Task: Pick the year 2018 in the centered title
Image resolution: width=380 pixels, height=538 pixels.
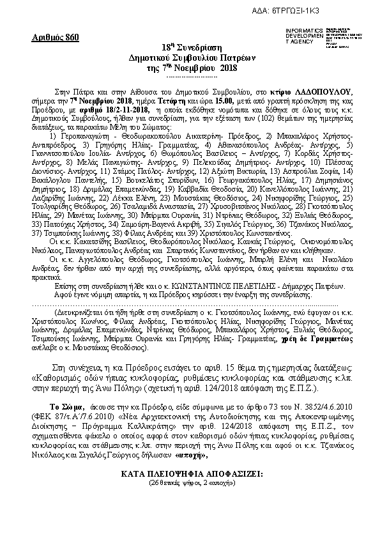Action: (x=228, y=68)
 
